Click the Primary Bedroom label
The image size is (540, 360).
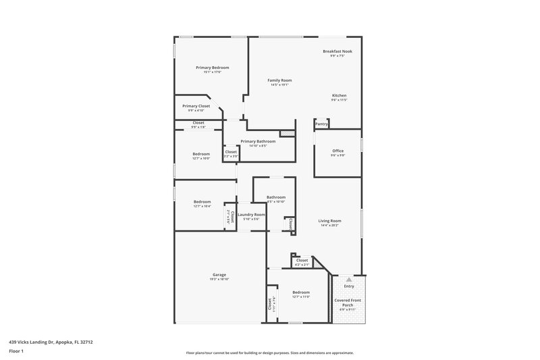[212, 68]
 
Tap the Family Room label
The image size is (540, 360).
[279, 80]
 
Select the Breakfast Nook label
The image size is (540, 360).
[337, 51]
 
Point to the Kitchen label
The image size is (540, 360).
[339, 96]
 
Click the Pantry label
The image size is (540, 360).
[322, 124]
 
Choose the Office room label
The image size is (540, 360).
[337, 151]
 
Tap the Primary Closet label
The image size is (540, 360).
[196, 106]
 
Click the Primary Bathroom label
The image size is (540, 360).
[258, 141]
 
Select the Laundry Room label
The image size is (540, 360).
[251, 214]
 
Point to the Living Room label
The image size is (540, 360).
[330, 221]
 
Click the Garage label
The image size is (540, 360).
[219, 275]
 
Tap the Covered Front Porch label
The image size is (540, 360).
[348, 303]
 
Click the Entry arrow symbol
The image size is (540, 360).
[348, 278]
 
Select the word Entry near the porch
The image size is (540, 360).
[348, 286]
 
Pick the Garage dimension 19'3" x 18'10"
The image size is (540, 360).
[219, 280]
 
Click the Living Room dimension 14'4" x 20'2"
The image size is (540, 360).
[330, 226]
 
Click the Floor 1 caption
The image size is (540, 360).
[16, 351]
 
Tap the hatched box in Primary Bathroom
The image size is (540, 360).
[288, 134]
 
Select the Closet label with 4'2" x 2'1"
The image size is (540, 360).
[301, 260]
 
